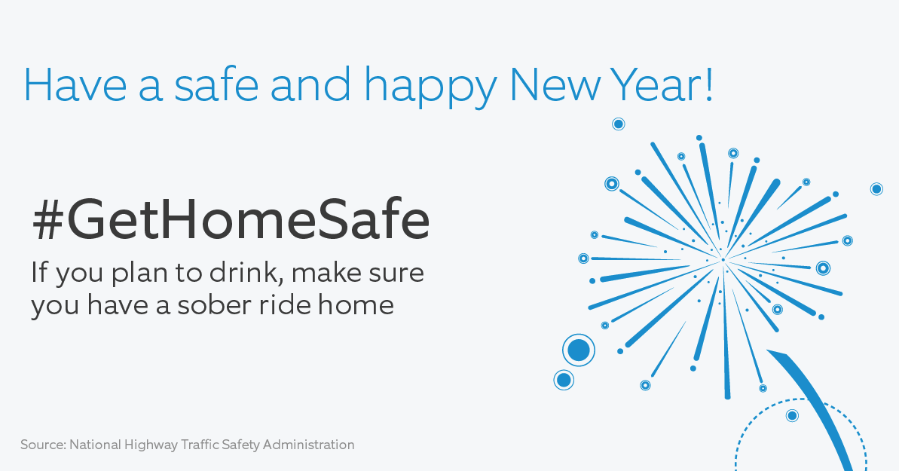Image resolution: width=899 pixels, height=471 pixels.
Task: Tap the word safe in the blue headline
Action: (x=205, y=84)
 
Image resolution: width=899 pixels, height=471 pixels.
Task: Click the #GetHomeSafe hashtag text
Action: (x=231, y=220)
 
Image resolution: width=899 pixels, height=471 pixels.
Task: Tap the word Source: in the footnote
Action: (x=42, y=445)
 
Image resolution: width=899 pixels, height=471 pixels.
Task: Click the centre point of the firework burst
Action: (x=723, y=259)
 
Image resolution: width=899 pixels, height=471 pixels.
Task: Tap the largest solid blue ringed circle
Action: (x=579, y=350)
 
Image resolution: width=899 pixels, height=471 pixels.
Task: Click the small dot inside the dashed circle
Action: (x=792, y=415)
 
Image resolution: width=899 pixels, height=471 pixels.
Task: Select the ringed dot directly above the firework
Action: (x=618, y=124)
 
